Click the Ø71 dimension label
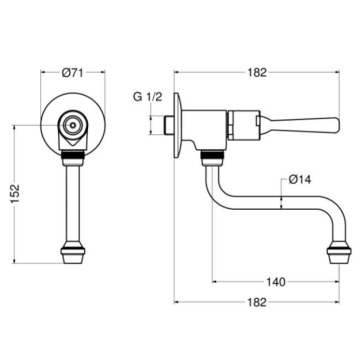coord(72,72)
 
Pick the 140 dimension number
coord(275,283)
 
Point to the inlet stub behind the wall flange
coord(165,126)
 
